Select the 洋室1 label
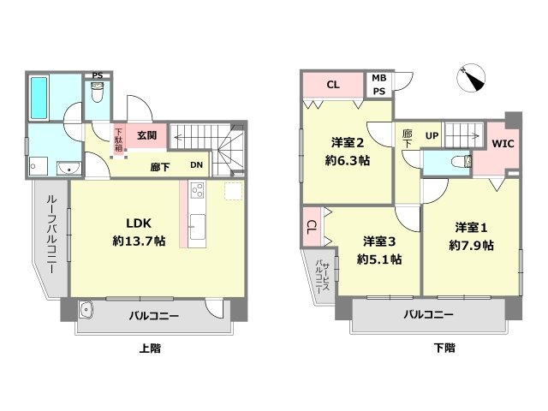point(471,227)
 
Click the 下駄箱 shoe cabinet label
point(119,139)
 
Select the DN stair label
point(196,166)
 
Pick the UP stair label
point(432,135)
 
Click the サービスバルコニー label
point(319,277)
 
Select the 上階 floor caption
point(149,348)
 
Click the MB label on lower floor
point(378,79)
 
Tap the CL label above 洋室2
point(333,85)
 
